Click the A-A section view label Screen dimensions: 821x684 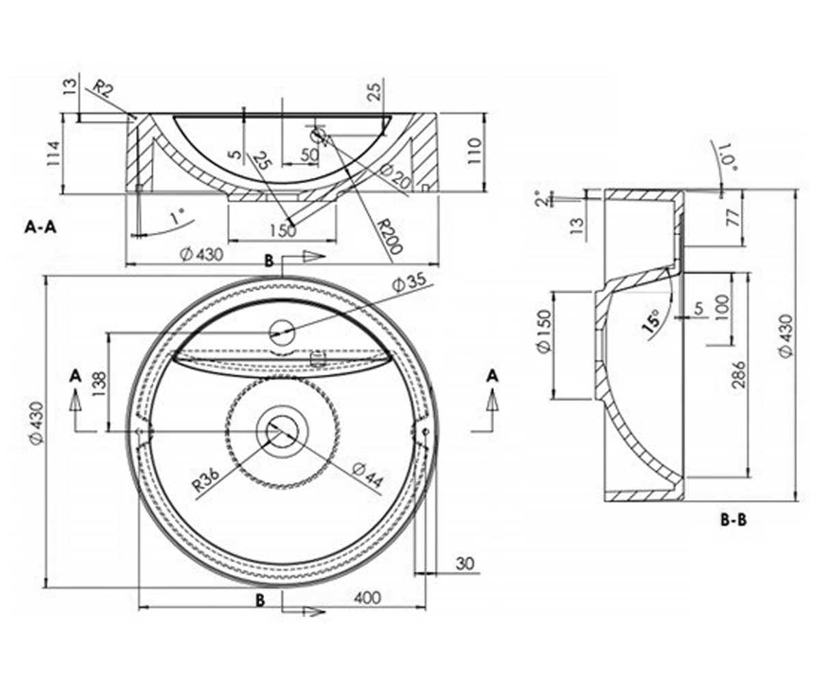40,227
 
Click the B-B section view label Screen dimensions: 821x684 733,520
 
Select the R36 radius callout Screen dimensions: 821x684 207,480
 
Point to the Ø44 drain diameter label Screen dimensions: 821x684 367,475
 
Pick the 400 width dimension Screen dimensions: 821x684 367,598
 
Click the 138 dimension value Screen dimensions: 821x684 101,384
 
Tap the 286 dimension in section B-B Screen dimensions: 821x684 739,374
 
